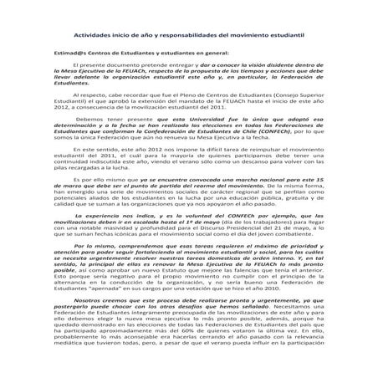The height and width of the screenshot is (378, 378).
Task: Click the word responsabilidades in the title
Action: pos(178,38)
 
